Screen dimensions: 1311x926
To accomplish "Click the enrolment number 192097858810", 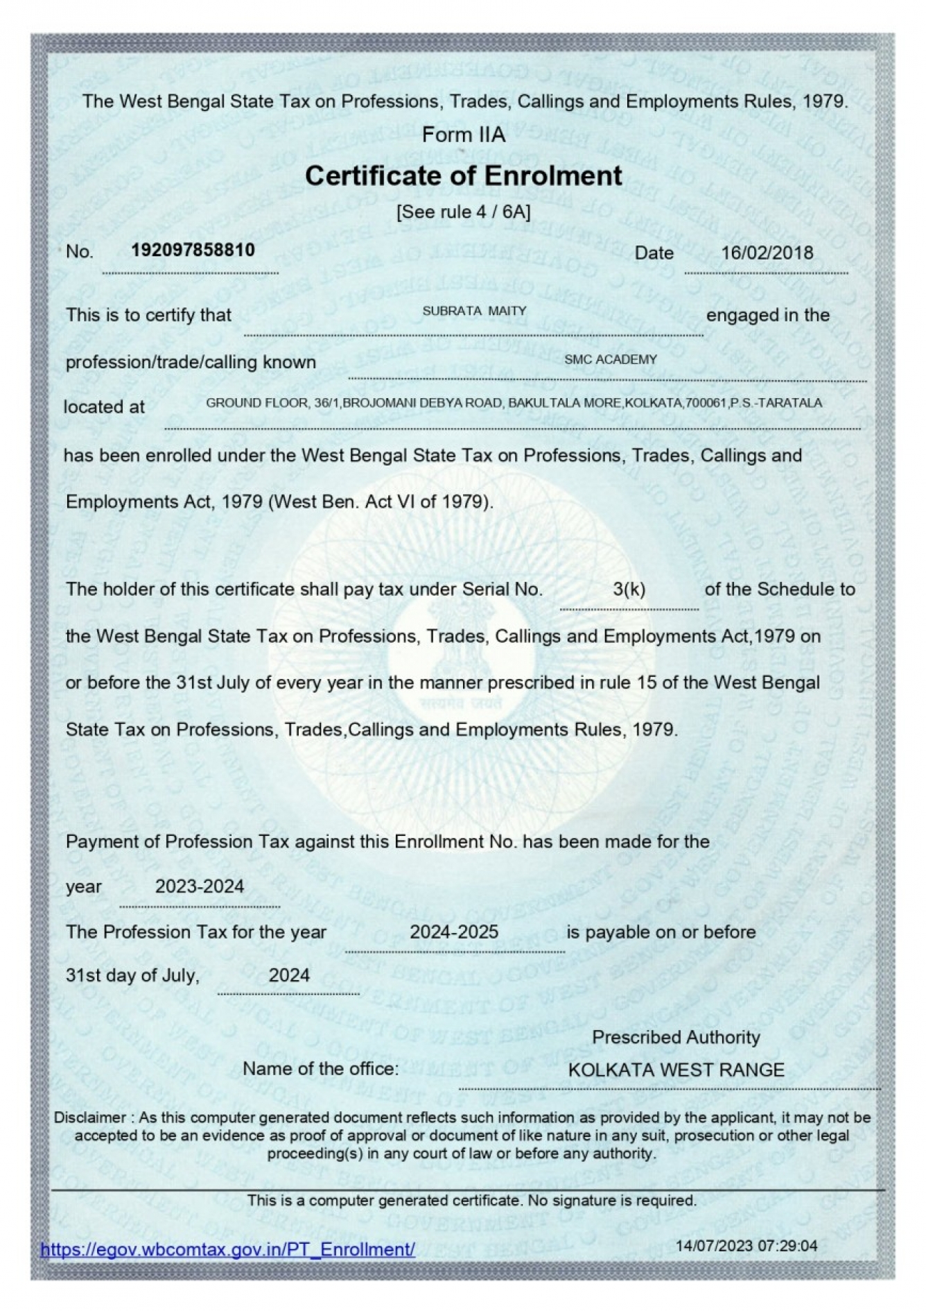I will (193, 250).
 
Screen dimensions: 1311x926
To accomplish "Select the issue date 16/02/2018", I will (767, 252).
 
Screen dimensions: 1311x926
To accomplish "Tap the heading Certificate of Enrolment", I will (463, 175).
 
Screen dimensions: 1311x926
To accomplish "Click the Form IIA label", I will (463, 135).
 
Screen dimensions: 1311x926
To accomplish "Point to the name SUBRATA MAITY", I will (474, 311).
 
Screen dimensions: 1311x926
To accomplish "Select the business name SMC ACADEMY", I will (610, 359).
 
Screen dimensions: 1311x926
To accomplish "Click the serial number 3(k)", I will (629, 590).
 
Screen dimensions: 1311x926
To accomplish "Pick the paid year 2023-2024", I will (200, 886).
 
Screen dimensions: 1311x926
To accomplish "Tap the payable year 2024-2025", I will (454, 932).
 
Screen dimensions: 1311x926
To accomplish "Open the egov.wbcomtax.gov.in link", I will (228, 1249).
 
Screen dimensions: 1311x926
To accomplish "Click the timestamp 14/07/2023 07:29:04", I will (746, 1246).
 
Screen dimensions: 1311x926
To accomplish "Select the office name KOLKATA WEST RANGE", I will (676, 1070).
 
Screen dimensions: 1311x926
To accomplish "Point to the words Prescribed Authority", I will (676, 1037).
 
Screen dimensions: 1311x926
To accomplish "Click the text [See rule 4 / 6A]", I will (463, 212).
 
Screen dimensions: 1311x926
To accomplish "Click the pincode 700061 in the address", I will (706, 403).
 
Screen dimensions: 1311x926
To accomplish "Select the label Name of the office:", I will (320, 1069).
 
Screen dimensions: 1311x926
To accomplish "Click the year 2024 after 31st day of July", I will (289, 975).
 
